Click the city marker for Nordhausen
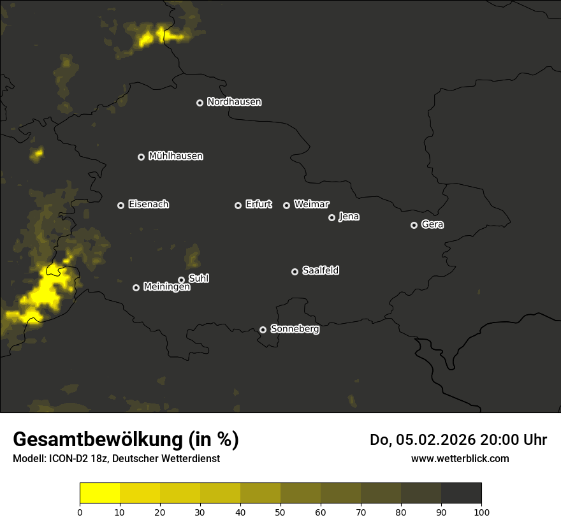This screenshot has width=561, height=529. point(200,103)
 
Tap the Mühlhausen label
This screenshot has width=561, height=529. point(175,156)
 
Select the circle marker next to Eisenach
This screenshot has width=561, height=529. point(120,205)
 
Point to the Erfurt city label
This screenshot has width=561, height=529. point(258,205)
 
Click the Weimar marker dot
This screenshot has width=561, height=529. point(286,205)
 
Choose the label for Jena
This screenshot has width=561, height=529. point(349,217)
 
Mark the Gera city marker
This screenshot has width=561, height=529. point(414,225)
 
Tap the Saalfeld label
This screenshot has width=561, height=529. point(320,271)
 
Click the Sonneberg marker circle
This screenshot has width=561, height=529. point(263,330)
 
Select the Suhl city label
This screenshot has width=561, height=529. point(198,279)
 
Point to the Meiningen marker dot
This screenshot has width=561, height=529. point(136,287)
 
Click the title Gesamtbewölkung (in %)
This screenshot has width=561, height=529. point(126,440)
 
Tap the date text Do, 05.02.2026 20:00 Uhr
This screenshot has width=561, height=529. point(458,440)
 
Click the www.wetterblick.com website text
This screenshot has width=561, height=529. point(460,458)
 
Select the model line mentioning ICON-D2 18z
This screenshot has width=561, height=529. point(116,459)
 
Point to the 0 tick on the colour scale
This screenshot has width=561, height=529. point(80,512)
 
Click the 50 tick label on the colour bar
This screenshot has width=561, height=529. point(280,512)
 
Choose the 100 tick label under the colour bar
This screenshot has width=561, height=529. point(481,512)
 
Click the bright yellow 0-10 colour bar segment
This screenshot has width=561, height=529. point(100,493)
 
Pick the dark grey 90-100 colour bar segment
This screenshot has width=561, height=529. point(461,493)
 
